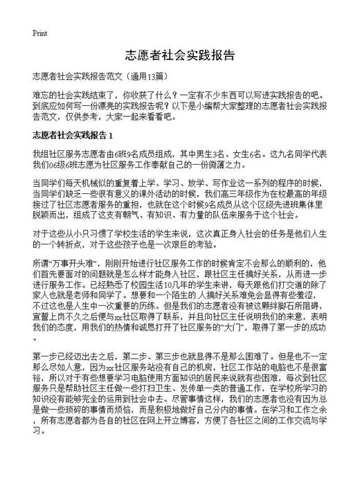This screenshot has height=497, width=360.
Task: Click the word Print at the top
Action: [x=39, y=33]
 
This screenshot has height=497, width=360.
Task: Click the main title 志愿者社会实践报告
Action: [x=180, y=55]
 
